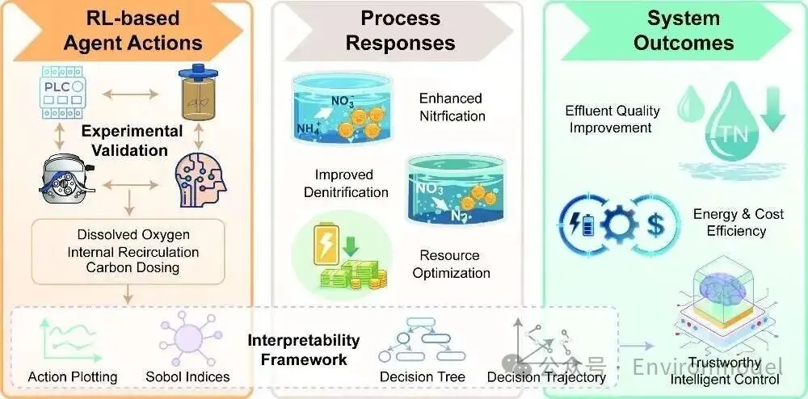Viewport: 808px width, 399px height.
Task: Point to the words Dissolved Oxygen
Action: coord(133,234)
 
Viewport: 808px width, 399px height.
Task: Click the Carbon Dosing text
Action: coord(133,267)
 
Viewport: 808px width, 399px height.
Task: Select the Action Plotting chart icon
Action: coord(65,340)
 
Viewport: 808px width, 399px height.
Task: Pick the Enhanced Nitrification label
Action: coord(452,107)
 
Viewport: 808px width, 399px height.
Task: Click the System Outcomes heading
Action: coord(684,31)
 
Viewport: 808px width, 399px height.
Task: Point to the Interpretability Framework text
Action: coord(304,350)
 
